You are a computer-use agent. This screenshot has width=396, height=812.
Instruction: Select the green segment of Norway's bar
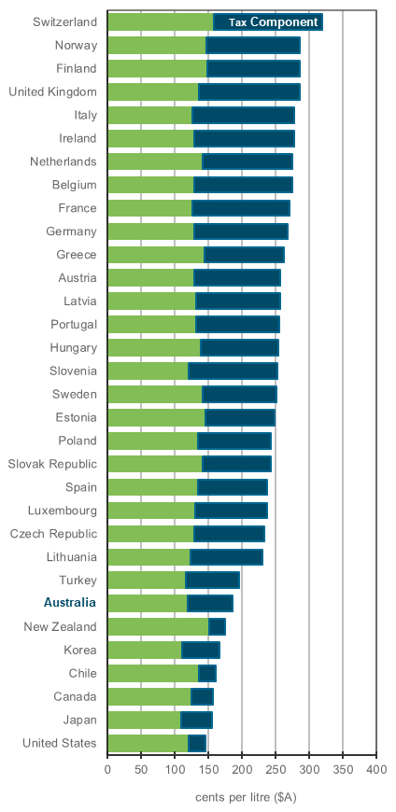click(x=156, y=45)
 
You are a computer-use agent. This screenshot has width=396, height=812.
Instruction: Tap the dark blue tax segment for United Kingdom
click(x=248, y=91)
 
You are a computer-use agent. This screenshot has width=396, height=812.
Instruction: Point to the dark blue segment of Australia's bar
click(x=209, y=603)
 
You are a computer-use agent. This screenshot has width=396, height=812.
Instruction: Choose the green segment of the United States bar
click(x=147, y=743)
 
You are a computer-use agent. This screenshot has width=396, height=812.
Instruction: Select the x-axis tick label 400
click(x=376, y=770)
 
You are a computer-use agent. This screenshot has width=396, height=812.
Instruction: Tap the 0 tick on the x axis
click(x=107, y=770)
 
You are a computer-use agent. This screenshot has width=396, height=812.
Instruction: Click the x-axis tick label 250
click(x=276, y=770)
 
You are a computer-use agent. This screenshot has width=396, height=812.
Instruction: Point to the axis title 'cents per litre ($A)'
click(x=246, y=797)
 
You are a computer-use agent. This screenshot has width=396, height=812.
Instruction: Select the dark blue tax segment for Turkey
click(x=212, y=581)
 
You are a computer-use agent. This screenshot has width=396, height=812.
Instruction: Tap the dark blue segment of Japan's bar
click(x=196, y=720)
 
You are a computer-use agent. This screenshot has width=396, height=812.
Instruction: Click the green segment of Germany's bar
click(x=150, y=231)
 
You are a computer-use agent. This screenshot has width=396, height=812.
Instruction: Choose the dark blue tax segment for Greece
click(x=244, y=254)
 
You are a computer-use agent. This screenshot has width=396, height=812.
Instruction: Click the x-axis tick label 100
click(x=175, y=770)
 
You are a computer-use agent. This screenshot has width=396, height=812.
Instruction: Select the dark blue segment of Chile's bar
click(x=206, y=673)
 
